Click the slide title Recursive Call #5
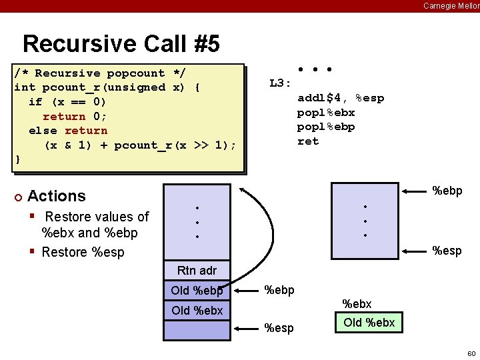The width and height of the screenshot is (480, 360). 121,44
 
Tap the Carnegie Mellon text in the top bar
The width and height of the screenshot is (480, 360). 451,6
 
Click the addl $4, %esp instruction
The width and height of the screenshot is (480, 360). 340,98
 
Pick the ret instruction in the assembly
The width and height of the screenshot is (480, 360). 308,141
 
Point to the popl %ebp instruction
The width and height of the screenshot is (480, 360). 326,127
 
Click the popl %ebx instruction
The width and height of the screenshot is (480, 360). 326,113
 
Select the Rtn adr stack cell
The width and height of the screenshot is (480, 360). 197,270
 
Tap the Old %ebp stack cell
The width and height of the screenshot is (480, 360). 197,291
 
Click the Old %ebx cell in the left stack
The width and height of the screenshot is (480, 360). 197,311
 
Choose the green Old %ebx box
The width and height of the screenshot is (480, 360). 369,323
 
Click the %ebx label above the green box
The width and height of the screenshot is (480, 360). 357,304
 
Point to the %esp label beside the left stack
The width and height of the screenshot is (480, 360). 279,328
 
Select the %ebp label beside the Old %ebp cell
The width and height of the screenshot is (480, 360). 279,290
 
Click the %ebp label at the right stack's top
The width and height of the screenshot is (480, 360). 447,191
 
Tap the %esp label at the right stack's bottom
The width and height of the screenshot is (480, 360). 447,251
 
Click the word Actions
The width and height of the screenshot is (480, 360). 57,196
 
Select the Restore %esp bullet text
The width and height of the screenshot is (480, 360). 83,252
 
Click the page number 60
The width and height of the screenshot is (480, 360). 471,353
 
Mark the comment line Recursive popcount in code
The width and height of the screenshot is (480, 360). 100,73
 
